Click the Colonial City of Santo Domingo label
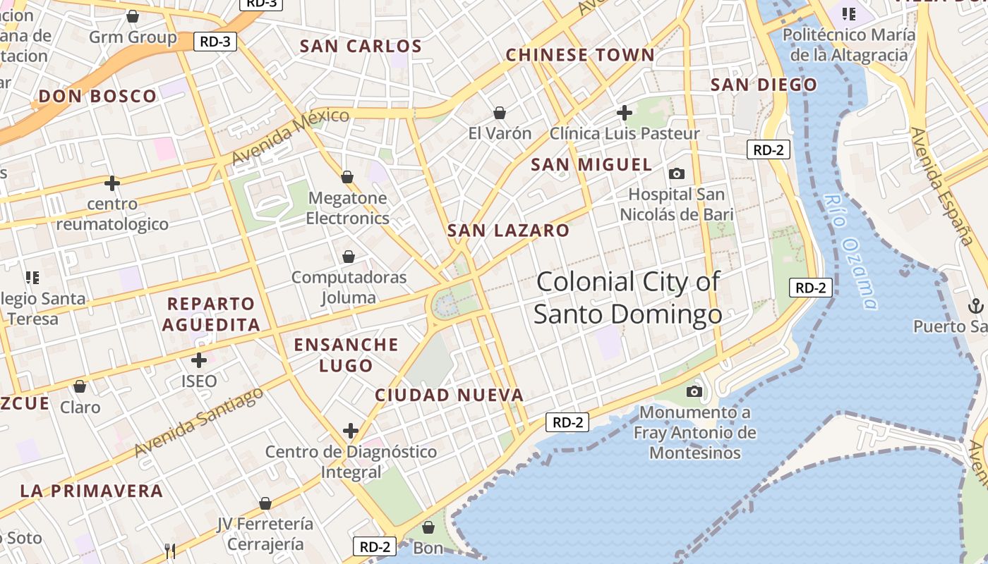coord(627,298)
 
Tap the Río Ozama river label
coord(851,252)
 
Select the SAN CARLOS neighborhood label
coord(361,47)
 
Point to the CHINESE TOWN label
coord(580,55)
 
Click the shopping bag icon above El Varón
coord(500,113)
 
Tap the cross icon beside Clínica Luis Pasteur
coord(624,112)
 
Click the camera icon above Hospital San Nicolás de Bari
coord(676,173)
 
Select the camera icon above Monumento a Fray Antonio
coord(694,391)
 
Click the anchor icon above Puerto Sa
coord(976,306)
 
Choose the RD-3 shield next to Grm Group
coord(215,42)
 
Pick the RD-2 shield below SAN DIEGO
coord(769,149)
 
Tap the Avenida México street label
coord(290,136)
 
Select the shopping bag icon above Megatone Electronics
coord(347,176)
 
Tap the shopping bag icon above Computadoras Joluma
coord(349,257)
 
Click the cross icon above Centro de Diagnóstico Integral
coord(350,430)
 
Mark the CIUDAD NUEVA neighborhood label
coord(449,396)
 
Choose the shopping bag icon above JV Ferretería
coord(265,503)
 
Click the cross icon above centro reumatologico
coord(112,183)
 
